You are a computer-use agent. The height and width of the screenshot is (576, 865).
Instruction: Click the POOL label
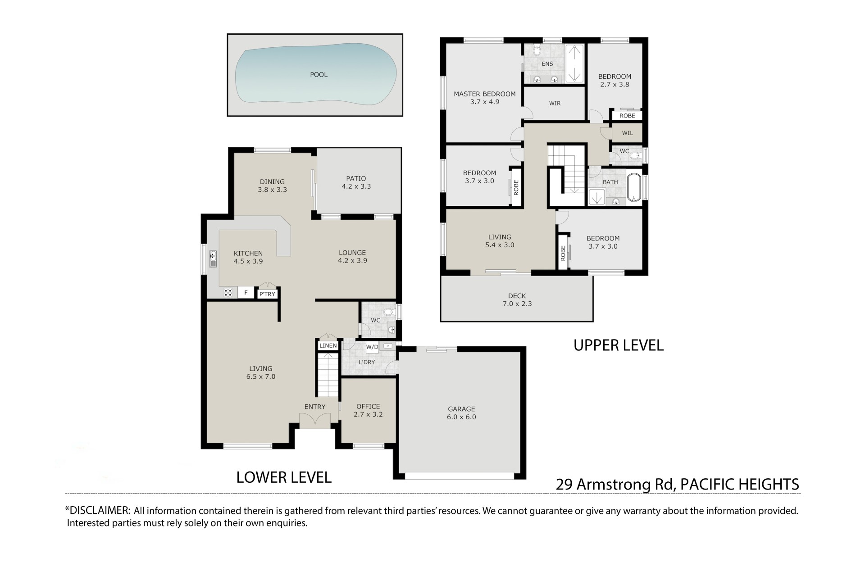(319, 75)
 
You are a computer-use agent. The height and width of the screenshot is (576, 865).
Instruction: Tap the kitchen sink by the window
(213, 259)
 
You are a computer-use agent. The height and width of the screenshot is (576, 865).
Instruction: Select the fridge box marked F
(246, 293)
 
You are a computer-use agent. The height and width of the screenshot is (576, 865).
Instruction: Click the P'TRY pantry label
(267, 294)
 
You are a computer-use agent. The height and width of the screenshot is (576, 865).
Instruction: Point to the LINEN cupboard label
(328, 346)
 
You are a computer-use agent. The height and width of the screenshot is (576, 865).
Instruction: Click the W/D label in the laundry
(372, 347)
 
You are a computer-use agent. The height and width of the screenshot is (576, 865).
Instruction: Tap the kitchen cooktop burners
(228, 292)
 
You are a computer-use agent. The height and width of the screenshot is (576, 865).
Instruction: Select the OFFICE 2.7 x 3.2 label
(368, 410)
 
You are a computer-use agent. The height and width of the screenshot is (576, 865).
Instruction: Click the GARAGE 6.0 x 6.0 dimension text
(461, 417)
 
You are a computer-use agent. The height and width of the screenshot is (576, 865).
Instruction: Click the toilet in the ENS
(537, 50)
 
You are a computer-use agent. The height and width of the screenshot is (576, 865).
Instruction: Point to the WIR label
(555, 104)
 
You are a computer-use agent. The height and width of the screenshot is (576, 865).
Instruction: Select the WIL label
(628, 133)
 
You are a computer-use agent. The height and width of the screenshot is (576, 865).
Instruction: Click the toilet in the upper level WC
(634, 156)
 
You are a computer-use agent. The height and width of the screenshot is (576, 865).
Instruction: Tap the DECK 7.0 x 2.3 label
(517, 300)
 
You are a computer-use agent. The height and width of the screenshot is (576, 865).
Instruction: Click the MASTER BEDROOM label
(485, 94)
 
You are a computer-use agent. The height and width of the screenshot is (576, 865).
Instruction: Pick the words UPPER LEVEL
(619, 345)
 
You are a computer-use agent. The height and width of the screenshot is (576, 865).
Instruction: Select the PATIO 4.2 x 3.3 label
(356, 182)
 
